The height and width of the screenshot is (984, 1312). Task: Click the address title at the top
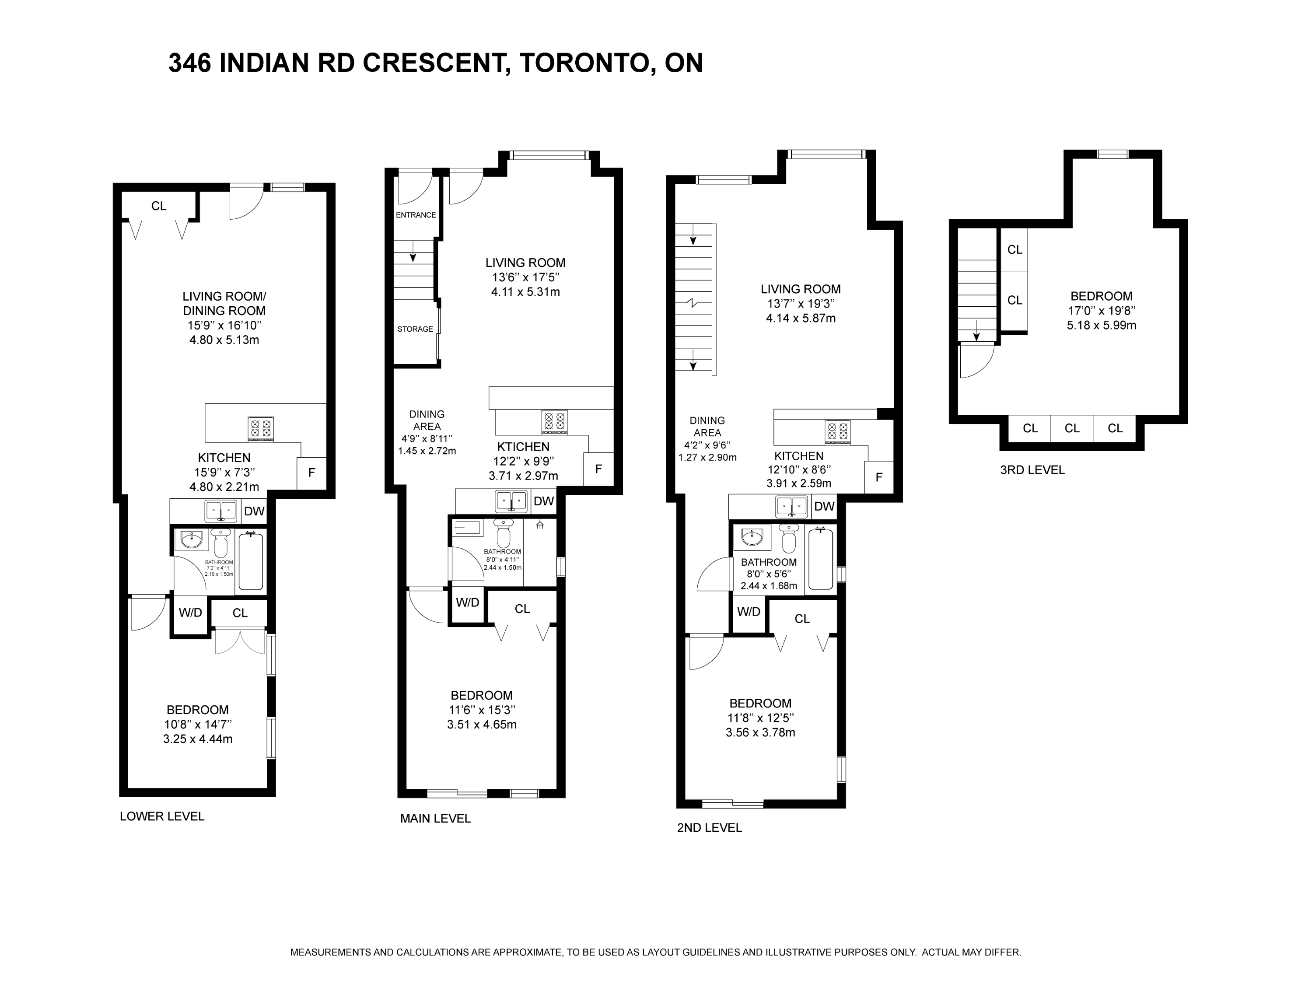pos(435,63)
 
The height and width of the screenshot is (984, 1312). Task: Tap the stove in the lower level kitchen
pos(261,429)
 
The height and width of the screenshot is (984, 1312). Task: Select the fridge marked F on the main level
pos(598,469)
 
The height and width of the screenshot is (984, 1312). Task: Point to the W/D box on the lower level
pos(190,613)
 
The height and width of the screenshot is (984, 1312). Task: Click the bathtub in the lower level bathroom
pos(251,560)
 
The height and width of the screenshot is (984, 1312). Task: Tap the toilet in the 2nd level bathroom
pos(789,539)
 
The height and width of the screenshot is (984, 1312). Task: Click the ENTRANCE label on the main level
pos(416,215)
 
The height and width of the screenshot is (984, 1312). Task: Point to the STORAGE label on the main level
pos(415,329)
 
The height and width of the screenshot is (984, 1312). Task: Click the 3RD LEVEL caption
pos(1032,470)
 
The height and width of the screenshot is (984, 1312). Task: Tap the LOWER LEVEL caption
pos(162,816)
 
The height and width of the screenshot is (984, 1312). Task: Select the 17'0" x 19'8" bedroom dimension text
pos(1102,310)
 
